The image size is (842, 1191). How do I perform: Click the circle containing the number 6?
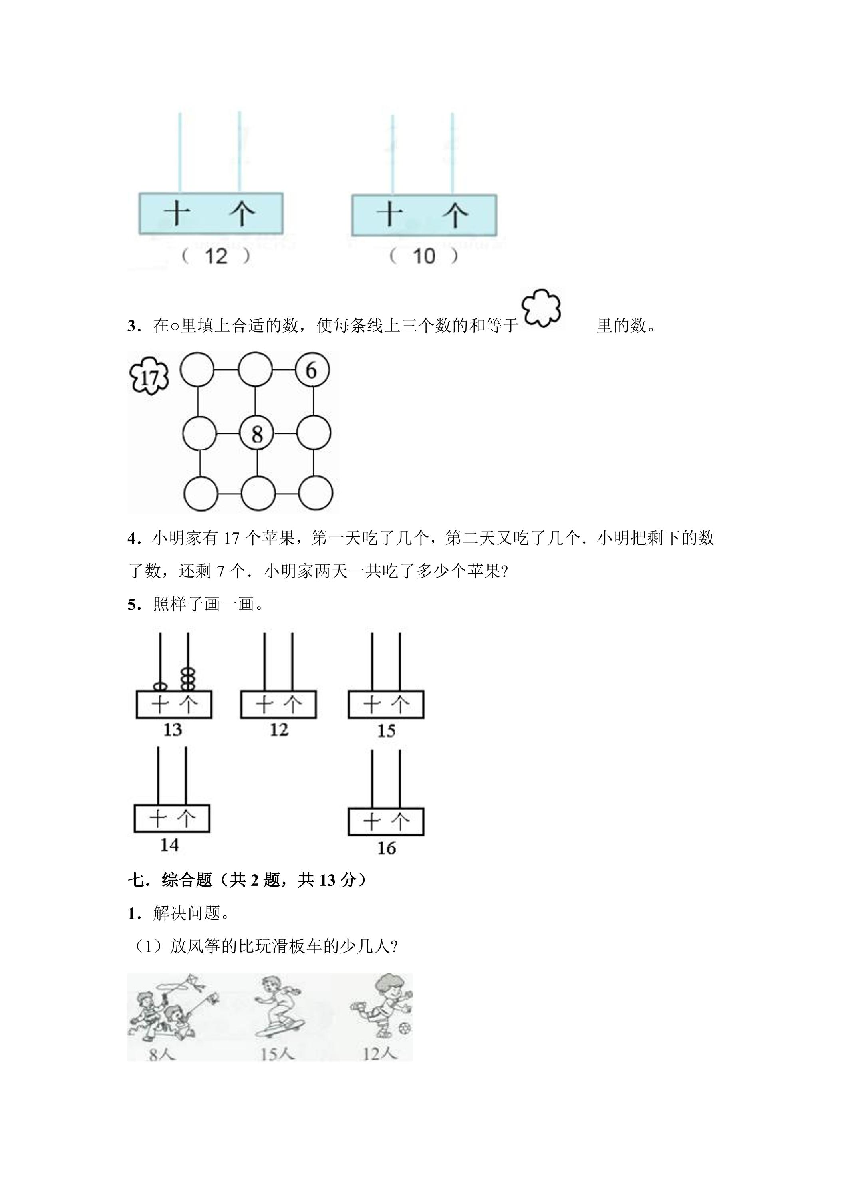(x=312, y=370)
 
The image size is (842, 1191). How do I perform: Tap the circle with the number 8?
(x=256, y=433)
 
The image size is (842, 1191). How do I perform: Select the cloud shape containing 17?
(x=149, y=375)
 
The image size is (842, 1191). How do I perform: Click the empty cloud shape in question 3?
(x=541, y=308)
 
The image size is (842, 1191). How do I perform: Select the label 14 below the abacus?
(x=169, y=845)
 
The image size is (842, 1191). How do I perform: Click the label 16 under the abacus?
(x=387, y=848)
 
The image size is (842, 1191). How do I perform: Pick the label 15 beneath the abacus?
(x=386, y=731)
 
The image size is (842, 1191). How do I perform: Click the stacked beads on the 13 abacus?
(x=188, y=679)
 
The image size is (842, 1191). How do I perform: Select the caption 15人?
(x=277, y=1054)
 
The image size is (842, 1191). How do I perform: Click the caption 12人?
(x=380, y=1054)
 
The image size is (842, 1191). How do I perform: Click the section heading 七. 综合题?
(x=170, y=880)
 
